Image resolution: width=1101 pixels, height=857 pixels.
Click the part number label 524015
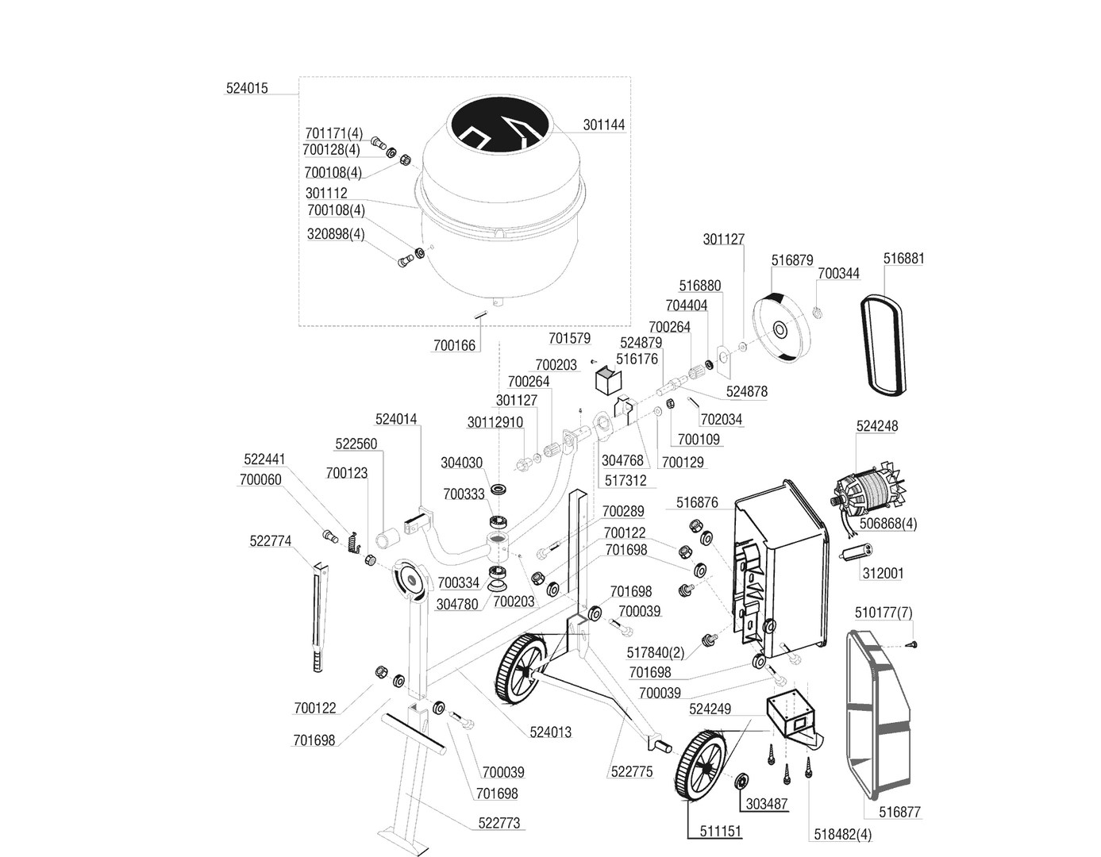pos(247,89)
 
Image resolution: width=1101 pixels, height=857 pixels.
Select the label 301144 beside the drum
pos(603,125)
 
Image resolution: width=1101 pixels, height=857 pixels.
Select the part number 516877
pos(900,813)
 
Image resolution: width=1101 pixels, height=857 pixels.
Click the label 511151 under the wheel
pos(721,832)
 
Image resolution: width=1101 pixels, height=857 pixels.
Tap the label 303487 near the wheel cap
pos(767,804)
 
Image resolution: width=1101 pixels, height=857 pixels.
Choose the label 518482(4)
pos(842,835)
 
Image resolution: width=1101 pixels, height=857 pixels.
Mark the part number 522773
pos(499,824)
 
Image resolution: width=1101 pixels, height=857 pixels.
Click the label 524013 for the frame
pos(551,732)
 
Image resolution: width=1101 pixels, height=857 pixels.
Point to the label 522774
pos(271,541)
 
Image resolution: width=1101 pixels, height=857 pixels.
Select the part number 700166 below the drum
pos(454,345)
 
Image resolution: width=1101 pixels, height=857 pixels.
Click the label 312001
pos(883,573)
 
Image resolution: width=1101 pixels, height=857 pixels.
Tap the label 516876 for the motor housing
pos(697,502)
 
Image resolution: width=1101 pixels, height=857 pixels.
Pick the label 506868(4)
pos(889,524)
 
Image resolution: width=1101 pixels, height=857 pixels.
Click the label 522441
pos(264,459)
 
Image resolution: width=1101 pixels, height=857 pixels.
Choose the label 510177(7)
pos(883,613)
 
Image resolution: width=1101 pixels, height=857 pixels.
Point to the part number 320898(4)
pos(336,234)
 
